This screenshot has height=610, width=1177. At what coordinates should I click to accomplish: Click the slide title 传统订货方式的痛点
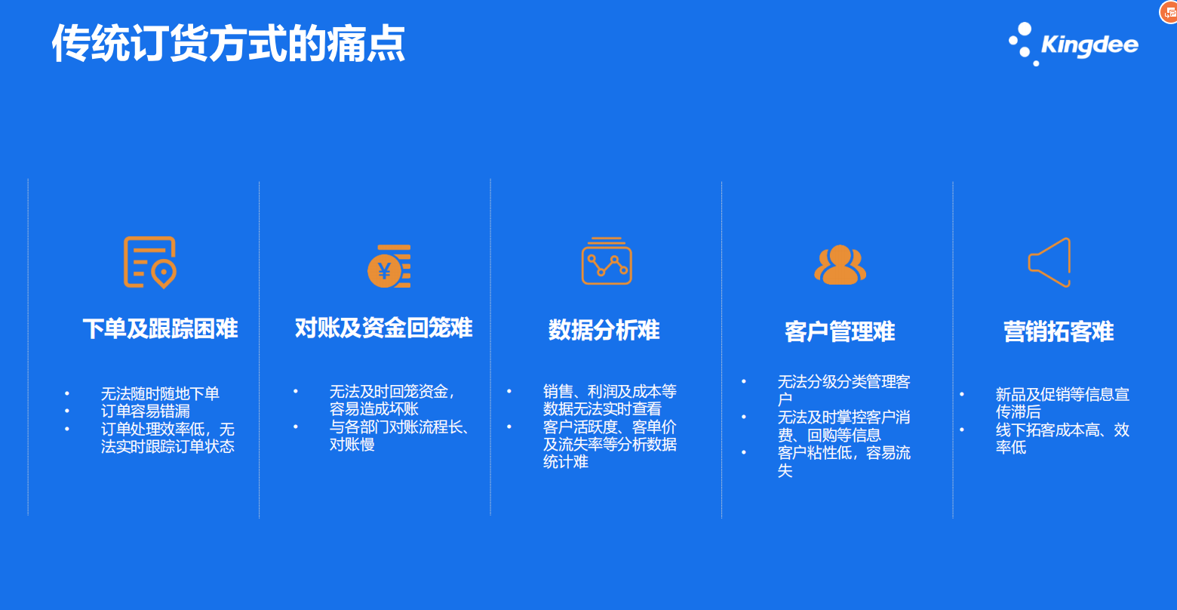coord(229,44)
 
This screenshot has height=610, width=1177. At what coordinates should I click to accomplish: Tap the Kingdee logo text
coord(1089,45)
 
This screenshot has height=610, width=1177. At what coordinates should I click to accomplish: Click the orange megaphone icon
coord(1049,262)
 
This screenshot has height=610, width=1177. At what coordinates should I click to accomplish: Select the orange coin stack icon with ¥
coord(389,266)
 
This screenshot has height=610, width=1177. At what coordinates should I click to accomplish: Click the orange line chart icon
coord(607,260)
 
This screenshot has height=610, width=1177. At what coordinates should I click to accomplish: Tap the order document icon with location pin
coord(149,263)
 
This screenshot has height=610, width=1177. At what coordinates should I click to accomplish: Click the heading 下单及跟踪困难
coord(160,328)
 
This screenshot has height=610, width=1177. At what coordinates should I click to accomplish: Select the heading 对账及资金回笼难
coord(383,328)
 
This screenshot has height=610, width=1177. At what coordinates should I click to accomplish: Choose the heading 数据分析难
coord(604,330)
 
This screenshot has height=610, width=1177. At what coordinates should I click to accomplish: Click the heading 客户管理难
coord(840,332)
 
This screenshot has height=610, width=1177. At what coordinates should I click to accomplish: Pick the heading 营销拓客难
coord(1059,332)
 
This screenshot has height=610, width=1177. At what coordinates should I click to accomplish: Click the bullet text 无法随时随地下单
coord(160,393)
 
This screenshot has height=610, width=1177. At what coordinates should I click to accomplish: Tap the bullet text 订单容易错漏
coord(145,411)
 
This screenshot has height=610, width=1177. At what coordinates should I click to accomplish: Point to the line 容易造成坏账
coord(373,409)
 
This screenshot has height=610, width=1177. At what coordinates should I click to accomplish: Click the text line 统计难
coord(565,462)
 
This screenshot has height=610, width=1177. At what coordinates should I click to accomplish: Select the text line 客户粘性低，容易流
coord(844,453)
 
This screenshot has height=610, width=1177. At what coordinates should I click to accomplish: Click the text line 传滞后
coord(1018,411)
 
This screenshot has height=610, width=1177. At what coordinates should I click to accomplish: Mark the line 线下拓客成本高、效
coord(1062,430)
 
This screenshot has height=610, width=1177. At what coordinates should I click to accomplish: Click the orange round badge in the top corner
coord(1169,11)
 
